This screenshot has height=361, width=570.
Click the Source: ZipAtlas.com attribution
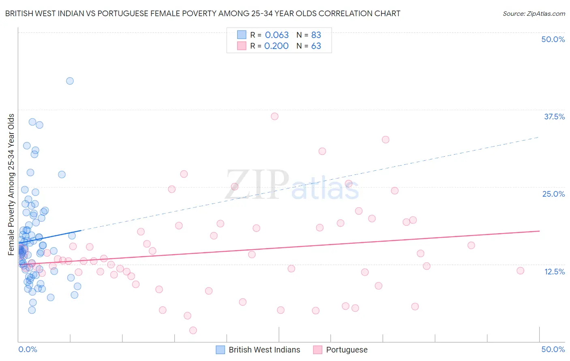(x=534, y=14)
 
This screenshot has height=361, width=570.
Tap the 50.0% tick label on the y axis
(x=553, y=39)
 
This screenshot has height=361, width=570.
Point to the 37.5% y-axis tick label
(x=554, y=117)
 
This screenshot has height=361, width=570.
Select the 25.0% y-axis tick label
(x=553, y=194)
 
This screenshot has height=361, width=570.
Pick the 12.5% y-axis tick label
(x=554, y=272)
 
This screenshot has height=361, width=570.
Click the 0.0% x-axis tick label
(x=28, y=349)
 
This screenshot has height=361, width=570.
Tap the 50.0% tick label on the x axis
(x=553, y=349)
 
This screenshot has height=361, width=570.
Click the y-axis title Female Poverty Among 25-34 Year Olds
(x=11, y=185)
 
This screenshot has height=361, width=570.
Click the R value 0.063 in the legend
(x=277, y=35)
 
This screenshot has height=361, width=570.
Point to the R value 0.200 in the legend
(x=276, y=46)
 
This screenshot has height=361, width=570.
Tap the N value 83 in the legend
(x=316, y=35)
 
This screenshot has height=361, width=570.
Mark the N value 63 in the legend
(x=316, y=46)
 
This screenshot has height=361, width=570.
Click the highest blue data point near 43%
(x=70, y=81)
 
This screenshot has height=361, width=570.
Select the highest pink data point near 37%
(x=274, y=117)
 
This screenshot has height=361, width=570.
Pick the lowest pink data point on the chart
(x=193, y=331)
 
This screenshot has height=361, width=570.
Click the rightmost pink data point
(x=521, y=271)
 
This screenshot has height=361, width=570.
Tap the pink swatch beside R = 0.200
(x=242, y=46)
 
